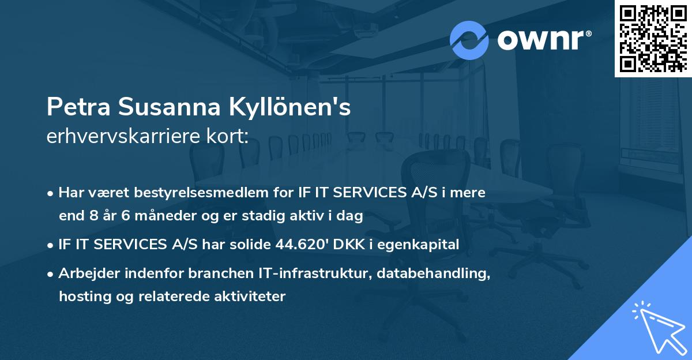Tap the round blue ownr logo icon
(x=469, y=40)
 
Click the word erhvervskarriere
(x=120, y=137)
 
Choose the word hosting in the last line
(x=81, y=297)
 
